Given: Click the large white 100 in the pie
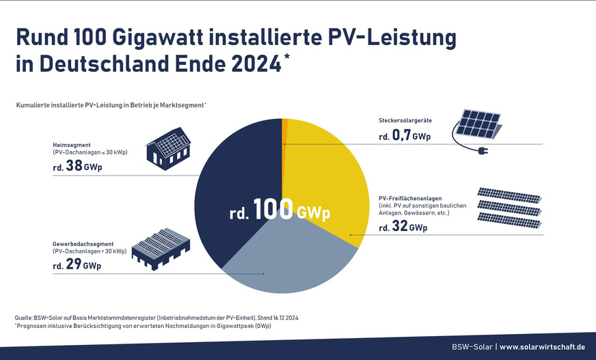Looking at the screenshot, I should [x=273, y=210].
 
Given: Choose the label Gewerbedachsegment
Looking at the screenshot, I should [x=83, y=244].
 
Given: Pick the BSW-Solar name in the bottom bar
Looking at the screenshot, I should [x=471, y=346].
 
